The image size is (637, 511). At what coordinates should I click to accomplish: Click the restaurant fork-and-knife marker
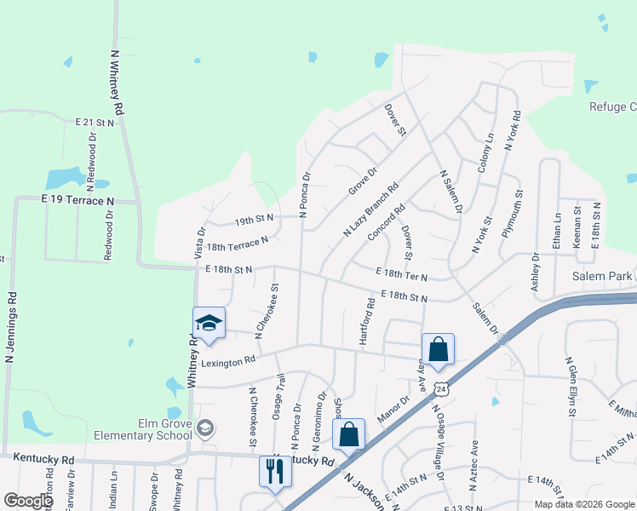[x=274, y=471]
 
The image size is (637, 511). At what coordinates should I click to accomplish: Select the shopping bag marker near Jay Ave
[x=438, y=349]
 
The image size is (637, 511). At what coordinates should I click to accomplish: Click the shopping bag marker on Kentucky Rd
[x=349, y=434]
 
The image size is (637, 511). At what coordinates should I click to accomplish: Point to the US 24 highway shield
[x=440, y=388]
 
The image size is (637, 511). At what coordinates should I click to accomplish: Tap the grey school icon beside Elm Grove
[x=204, y=428]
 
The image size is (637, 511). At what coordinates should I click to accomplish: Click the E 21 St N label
[x=94, y=123]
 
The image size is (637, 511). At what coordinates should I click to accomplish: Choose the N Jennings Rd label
[x=11, y=328]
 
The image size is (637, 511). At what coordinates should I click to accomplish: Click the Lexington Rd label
[x=229, y=361]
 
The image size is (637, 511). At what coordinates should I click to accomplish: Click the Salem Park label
[x=601, y=276]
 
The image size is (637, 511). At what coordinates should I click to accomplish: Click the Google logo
[x=27, y=501]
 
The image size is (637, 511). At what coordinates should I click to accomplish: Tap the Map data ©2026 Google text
[x=582, y=504]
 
